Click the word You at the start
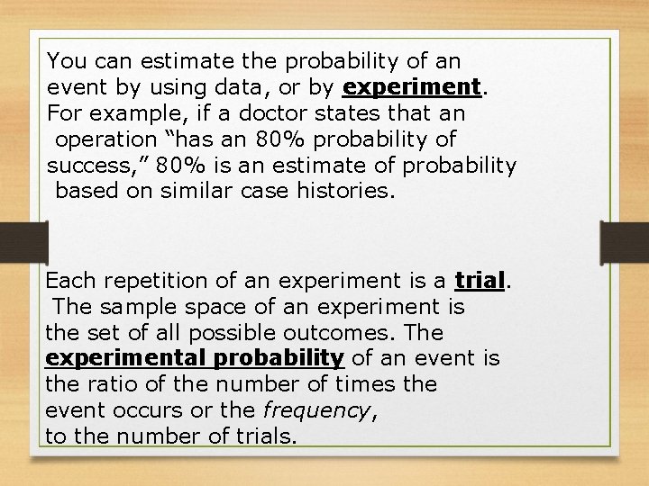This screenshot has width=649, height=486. coord(63,61)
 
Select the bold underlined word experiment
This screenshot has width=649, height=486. coord(411,88)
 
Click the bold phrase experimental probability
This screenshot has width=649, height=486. coord(195,359)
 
